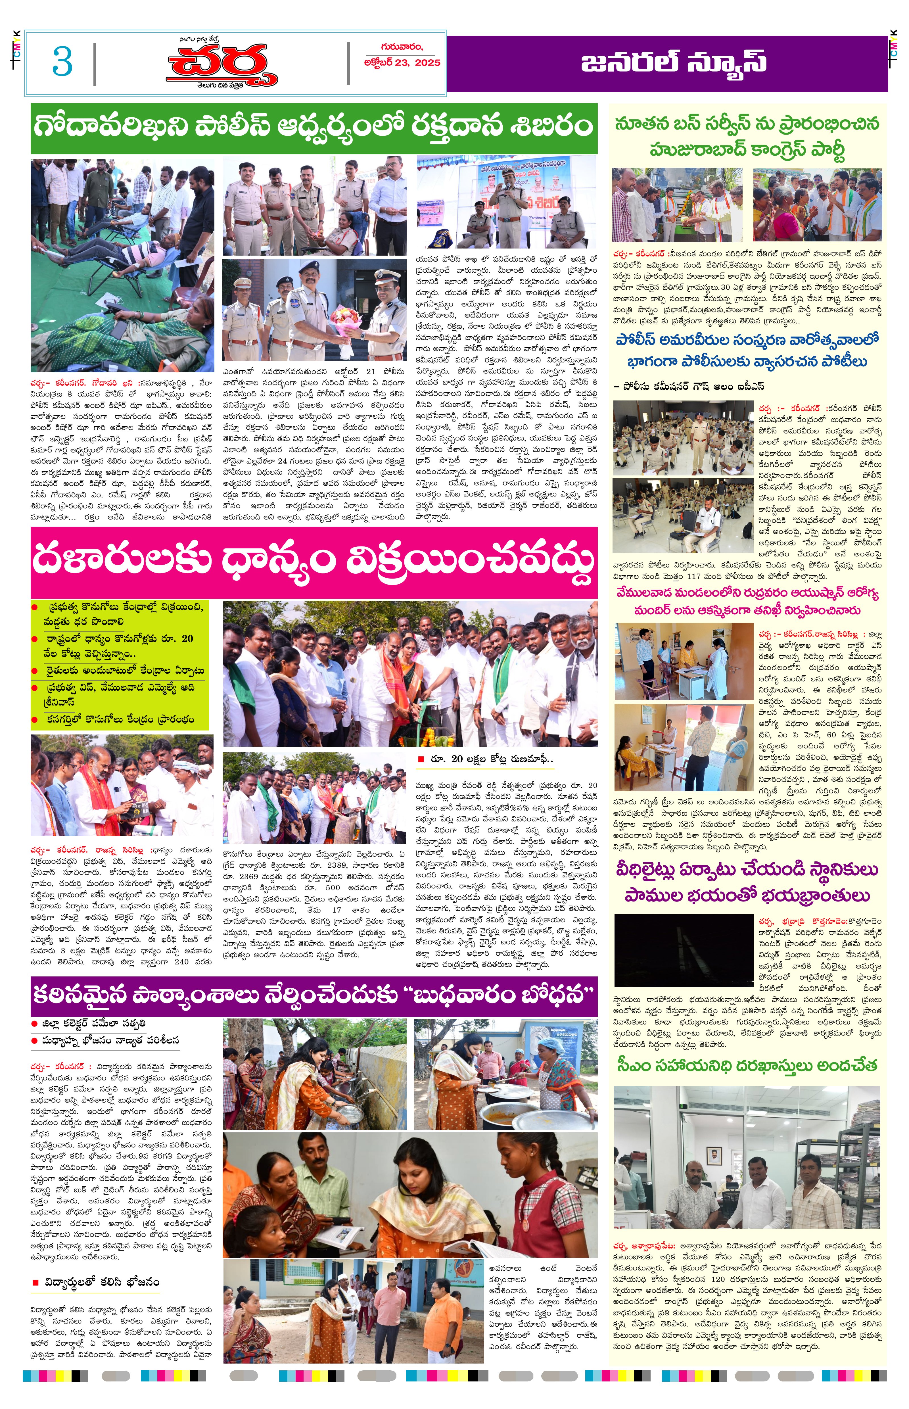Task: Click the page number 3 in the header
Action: pyautogui.click(x=62, y=61)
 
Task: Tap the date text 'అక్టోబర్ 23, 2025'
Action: pyautogui.click(x=402, y=62)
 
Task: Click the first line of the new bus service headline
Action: pyautogui.click(x=747, y=125)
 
